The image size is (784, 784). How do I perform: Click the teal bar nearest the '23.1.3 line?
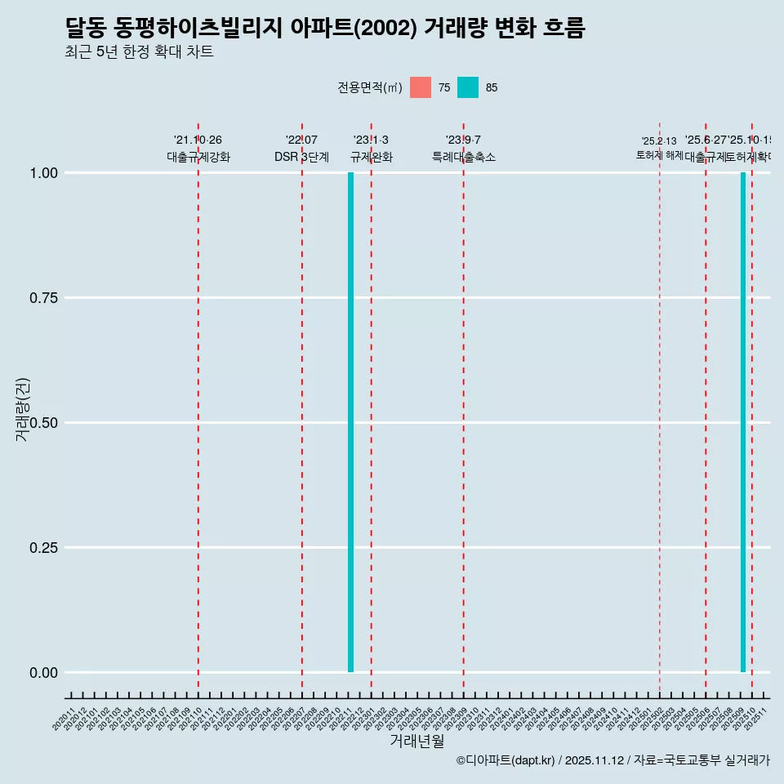coord(350,422)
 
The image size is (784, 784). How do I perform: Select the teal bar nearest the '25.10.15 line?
coord(743,422)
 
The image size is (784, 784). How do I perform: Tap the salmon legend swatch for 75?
coord(421,87)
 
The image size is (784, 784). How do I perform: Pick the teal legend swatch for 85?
coord(468,87)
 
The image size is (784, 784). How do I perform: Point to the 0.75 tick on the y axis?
coord(44,298)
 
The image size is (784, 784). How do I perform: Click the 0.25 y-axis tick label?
coord(44,548)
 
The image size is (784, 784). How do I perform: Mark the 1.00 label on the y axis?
coord(44,173)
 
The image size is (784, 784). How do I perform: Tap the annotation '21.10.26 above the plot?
coord(198,140)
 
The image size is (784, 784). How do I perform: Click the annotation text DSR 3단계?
coord(301,158)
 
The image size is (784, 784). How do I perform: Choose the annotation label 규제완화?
coord(372,158)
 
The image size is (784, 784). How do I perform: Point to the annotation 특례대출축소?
coord(464,158)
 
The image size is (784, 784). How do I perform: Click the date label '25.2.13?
coord(659,141)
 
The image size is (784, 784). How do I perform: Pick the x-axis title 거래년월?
coord(417,742)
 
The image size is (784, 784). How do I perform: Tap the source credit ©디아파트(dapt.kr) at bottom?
coord(506,760)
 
